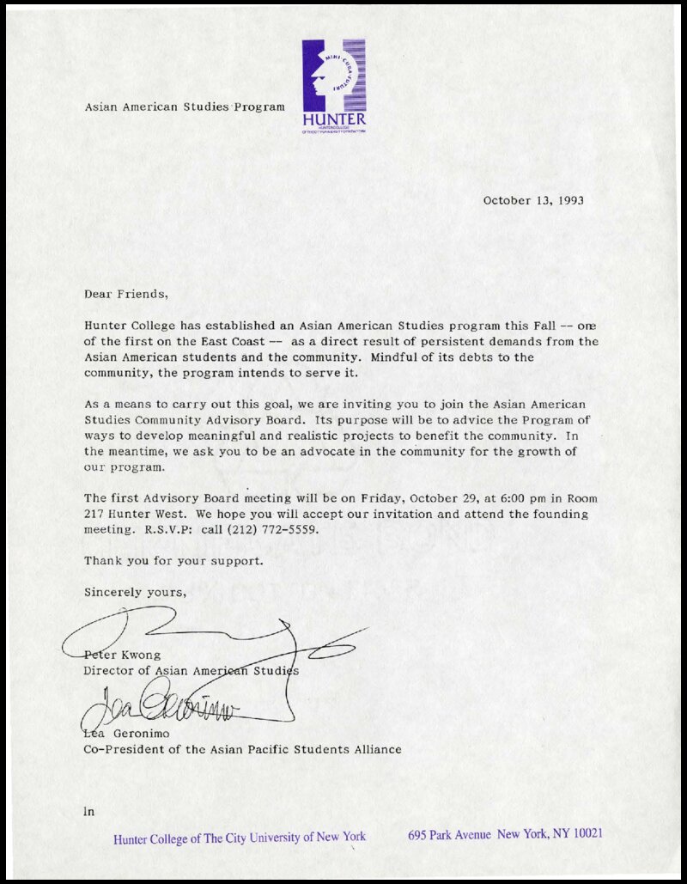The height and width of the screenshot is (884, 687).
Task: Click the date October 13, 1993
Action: pyautogui.click(x=533, y=200)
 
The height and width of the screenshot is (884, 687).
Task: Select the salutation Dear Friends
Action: pyautogui.click(x=126, y=294)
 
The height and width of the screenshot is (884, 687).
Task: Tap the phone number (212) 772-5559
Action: pyautogui.click(x=273, y=529)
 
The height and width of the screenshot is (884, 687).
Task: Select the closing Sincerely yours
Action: pyautogui.click(x=135, y=592)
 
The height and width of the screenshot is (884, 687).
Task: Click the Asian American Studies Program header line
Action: pyautogui.click(x=185, y=107)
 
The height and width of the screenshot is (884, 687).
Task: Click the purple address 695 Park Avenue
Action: pyautogui.click(x=449, y=834)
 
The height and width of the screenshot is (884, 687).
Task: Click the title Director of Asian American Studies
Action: pyautogui.click(x=191, y=670)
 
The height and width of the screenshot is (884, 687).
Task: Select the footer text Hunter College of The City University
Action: pyautogui.click(x=239, y=837)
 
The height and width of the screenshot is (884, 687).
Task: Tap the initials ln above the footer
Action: pyautogui.click(x=88, y=810)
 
